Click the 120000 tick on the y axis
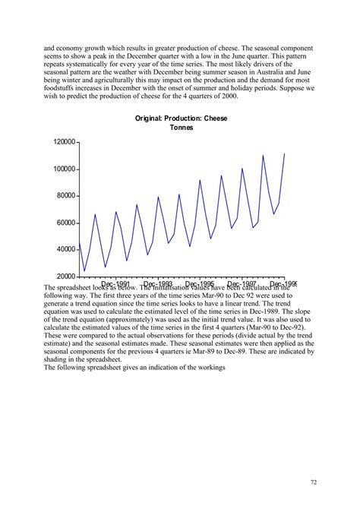click(64, 142)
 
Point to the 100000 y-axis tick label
click(64, 169)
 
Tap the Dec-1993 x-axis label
click(157, 285)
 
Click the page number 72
click(314, 482)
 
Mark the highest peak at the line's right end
click(284, 154)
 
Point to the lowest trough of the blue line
click(85, 270)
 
